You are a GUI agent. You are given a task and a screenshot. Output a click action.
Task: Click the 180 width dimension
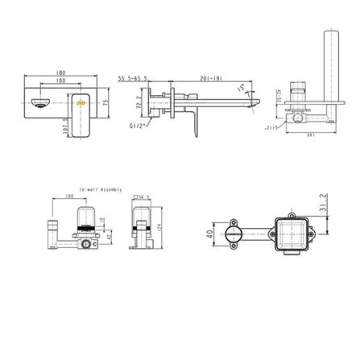pos(62,75)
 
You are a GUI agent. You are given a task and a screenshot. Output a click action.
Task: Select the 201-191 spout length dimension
pos(211,79)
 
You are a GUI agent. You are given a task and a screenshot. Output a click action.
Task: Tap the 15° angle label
pos(241,90)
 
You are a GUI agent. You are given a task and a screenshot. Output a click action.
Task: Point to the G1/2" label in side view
pos(135,126)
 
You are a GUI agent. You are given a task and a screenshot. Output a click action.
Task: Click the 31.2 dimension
pos(323,205)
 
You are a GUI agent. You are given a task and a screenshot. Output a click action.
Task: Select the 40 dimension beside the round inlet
pos(211,234)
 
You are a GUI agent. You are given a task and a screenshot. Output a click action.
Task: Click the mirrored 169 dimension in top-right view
pos(310,134)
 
